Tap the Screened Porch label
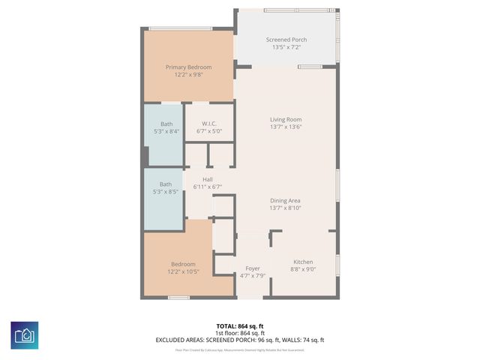point(286,40)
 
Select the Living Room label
point(286,119)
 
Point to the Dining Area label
point(286,200)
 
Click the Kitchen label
point(303,260)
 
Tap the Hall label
point(208,178)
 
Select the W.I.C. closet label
point(210,124)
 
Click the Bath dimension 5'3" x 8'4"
point(166,131)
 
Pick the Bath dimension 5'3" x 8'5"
point(166,192)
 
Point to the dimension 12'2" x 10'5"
point(183,271)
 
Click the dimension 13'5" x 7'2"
point(286,48)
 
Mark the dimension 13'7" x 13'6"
point(286,127)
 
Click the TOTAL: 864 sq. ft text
point(239,326)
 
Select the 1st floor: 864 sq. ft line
point(239,333)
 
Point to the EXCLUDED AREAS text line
point(239,340)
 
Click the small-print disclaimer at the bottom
point(239,349)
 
